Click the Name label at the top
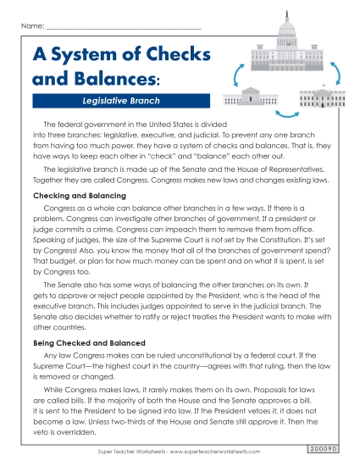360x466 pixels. pos(31,27)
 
